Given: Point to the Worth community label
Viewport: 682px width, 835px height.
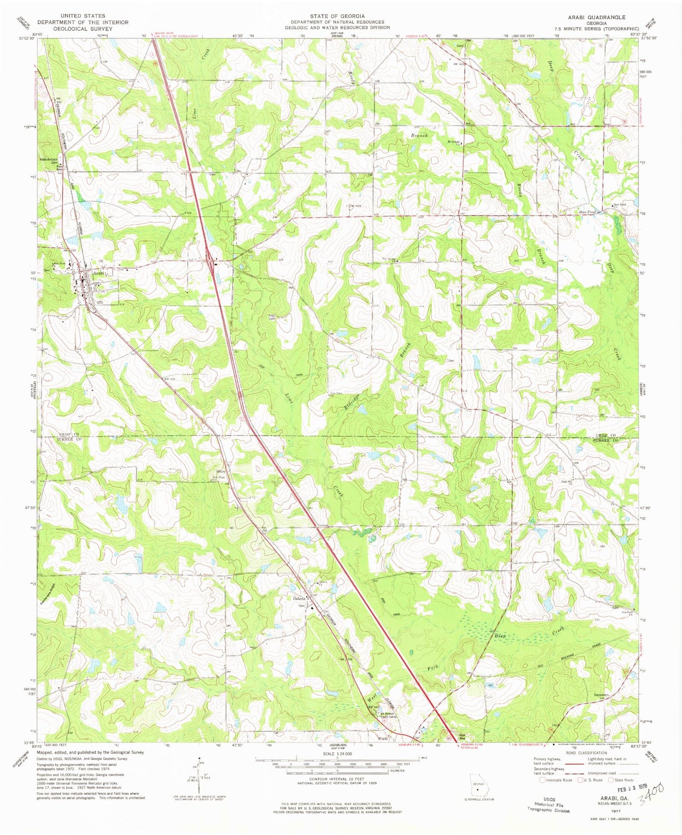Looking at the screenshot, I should pos(383,739).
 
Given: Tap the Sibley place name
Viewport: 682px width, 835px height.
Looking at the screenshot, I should pos(221,471).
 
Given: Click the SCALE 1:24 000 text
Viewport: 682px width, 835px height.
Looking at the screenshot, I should pos(337,754).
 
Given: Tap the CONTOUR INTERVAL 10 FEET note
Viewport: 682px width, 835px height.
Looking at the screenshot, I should pos(337,779).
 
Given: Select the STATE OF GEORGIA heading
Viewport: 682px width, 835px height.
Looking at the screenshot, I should pos(337,16).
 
